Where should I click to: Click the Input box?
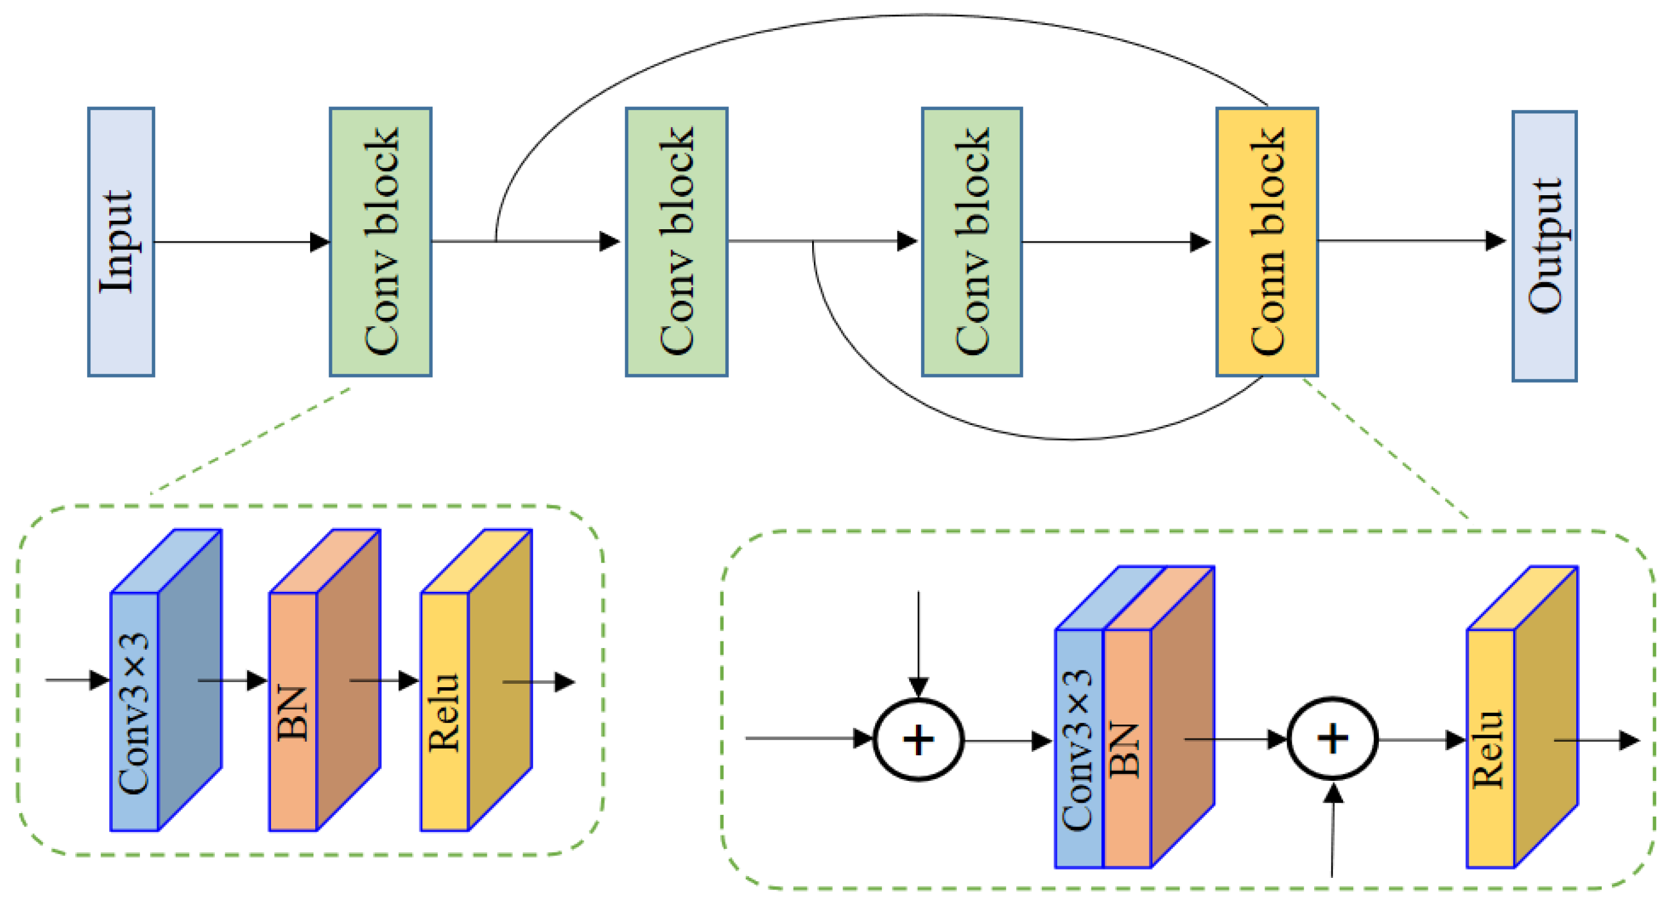121,242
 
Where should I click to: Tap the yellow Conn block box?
1267,242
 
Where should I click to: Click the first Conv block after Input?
380,242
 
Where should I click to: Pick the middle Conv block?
676,242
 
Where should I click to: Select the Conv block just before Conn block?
972,242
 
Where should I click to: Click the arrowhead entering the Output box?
1495,241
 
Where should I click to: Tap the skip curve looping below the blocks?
1070,439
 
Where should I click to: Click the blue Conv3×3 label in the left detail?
135,713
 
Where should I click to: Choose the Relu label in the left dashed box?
445,713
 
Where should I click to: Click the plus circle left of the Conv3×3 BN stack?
919,740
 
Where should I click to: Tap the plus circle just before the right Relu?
1332,738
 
